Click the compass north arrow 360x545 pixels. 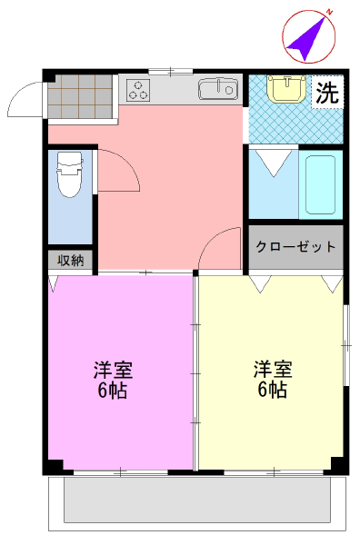coord(305,41)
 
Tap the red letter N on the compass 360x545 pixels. coord(329,13)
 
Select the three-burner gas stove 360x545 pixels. coord(138,89)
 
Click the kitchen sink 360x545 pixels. coord(218,89)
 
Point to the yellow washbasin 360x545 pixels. coord(286,89)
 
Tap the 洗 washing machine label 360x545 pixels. coord(327,93)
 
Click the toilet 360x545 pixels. coord(70,174)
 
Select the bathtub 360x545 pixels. coord(320,184)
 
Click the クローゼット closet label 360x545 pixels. coord(295,246)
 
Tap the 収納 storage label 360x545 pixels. coord(71,260)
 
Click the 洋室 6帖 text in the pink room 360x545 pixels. coord(113,380)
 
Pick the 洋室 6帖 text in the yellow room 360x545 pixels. coord(273,380)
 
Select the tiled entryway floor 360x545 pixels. coord(80,97)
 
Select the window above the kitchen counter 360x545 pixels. coord(170,72)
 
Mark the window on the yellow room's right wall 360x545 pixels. coord(345,345)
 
